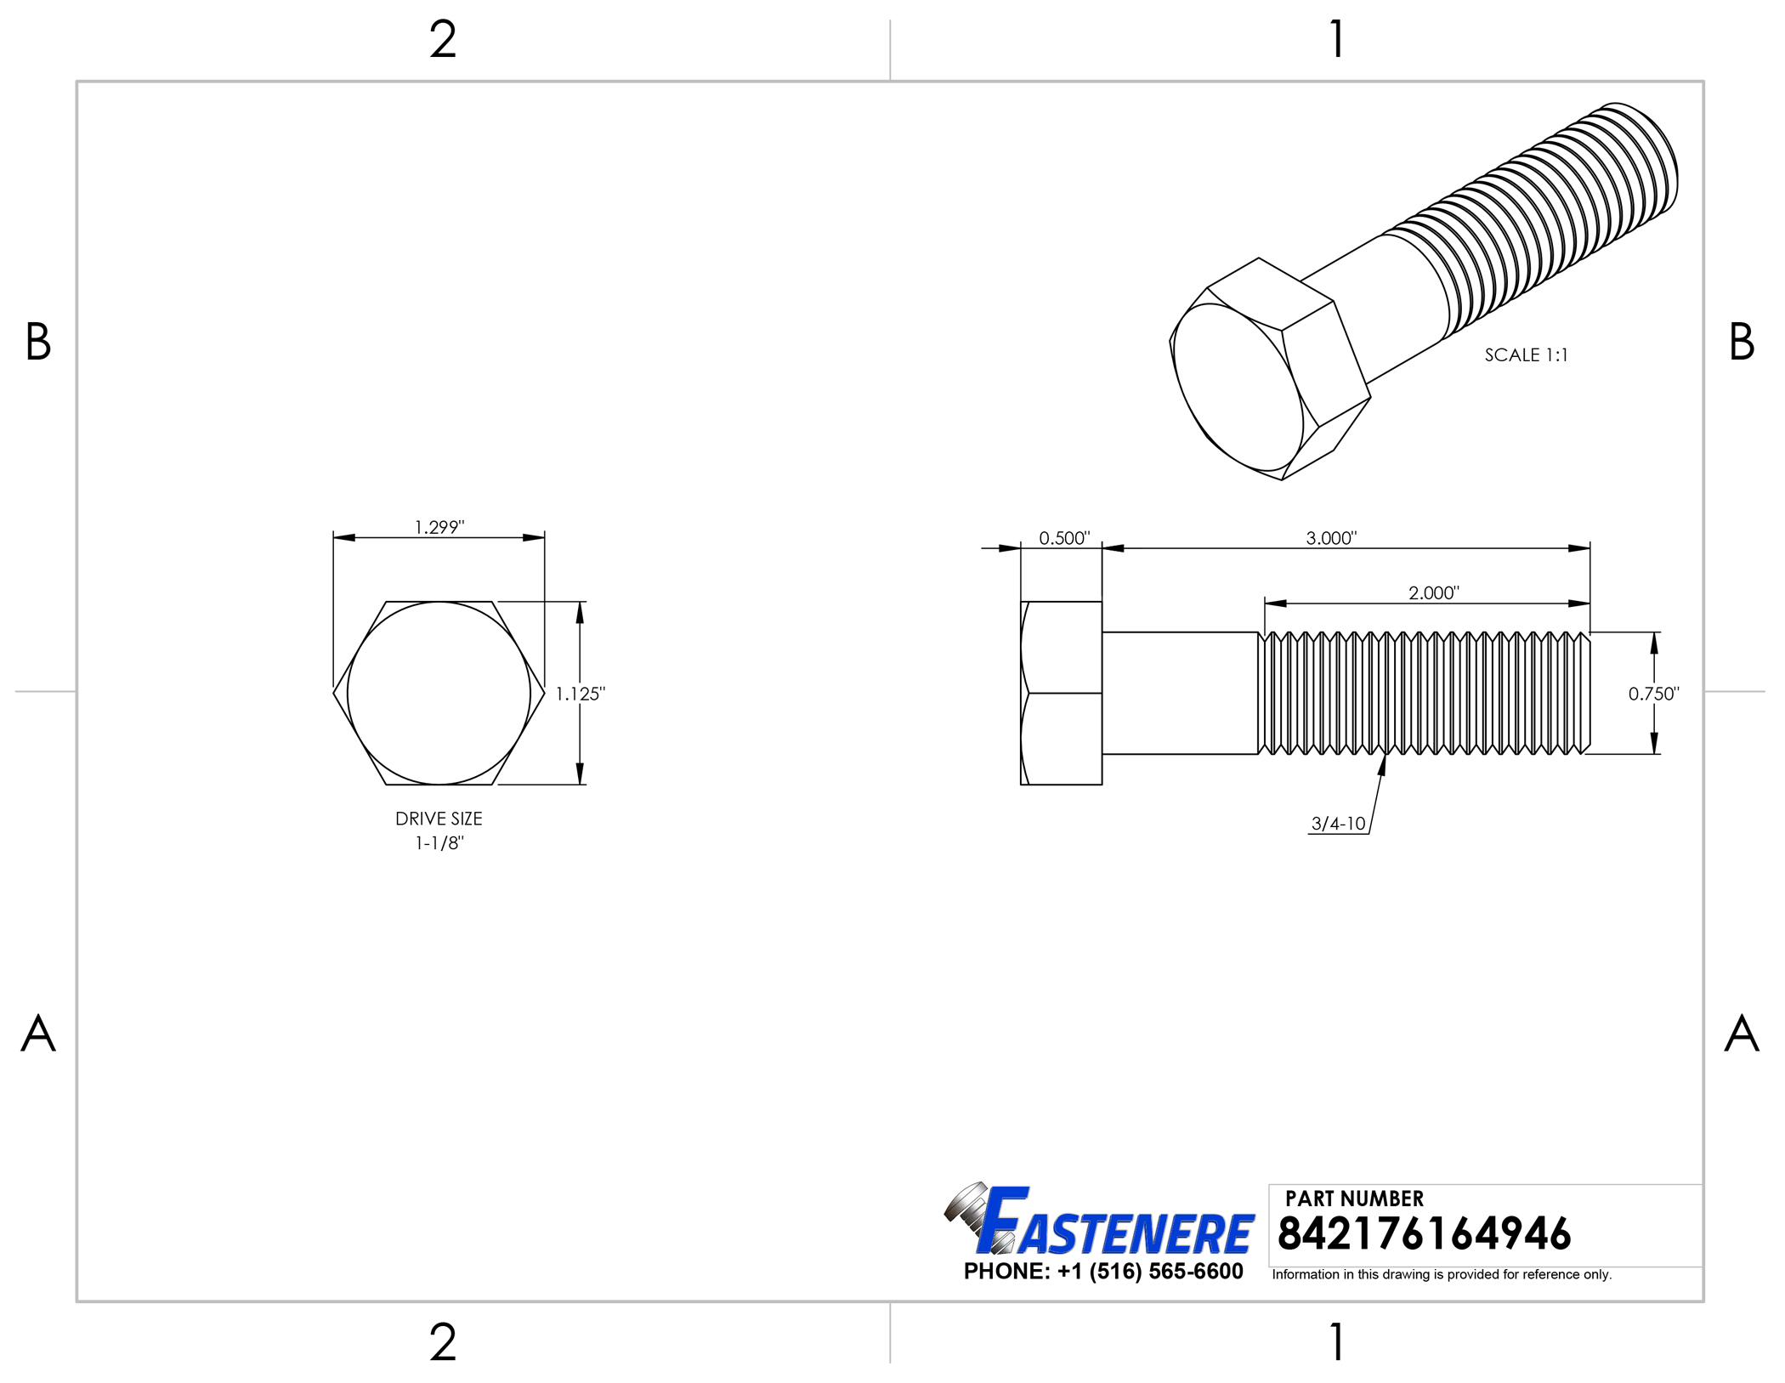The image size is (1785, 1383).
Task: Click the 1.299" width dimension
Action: tap(439, 527)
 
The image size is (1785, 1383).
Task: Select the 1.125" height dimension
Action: tap(581, 694)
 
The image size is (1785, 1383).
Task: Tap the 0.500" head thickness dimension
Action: tap(1064, 538)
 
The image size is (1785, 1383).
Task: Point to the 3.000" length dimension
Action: tap(1331, 538)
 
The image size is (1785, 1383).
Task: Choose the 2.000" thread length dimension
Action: tap(1434, 592)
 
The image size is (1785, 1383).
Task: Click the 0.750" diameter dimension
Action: tap(1654, 694)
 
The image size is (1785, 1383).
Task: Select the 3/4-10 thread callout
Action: tap(1338, 823)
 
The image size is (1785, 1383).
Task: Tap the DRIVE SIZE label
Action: tap(439, 819)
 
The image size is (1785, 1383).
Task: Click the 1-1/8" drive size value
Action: tap(439, 843)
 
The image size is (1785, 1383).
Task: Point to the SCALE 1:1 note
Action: tap(1526, 355)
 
